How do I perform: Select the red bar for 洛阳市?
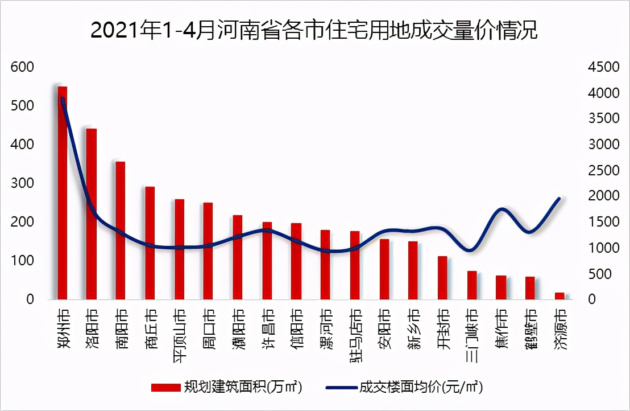pyautogui.click(x=91, y=213)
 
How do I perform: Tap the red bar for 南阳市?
pyautogui.click(x=120, y=230)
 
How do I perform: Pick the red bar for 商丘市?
pyautogui.click(x=150, y=243)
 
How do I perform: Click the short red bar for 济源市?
pyautogui.click(x=559, y=295)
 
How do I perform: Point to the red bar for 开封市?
pyautogui.click(x=442, y=277)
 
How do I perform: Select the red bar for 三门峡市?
pyautogui.click(x=472, y=285)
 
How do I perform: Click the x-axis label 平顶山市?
pyautogui.click(x=179, y=330)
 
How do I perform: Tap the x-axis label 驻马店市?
pyautogui.click(x=355, y=334)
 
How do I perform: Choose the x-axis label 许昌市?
pyautogui.click(x=267, y=325)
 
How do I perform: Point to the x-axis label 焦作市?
pyautogui.click(x=501, y=325)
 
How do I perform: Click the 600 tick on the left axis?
pyautogui.click(x=23, y=67)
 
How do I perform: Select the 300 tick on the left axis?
pyautogui.click(x=23, y=183)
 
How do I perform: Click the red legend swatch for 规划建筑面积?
pyautogui.click(x=164, y=388)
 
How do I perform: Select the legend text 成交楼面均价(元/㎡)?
pyautogui.click(x=421, y=388)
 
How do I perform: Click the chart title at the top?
pyautogui.click(x=314, y=30)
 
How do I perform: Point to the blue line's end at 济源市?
pyautogui.click(x=559, y=198)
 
